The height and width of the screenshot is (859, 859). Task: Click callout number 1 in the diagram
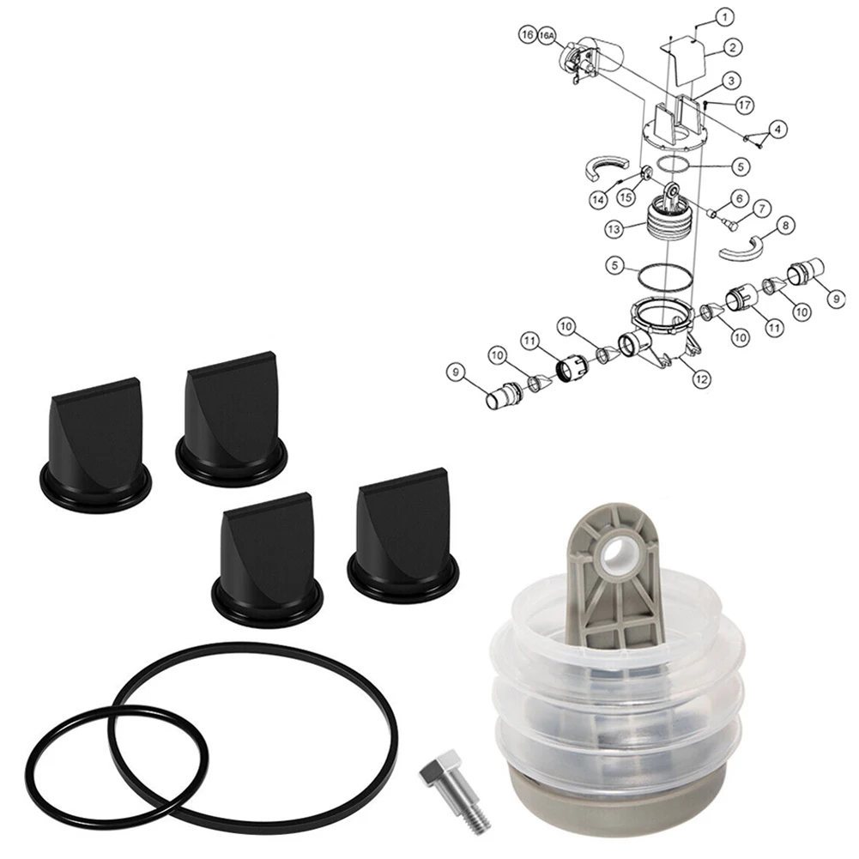[x=725, y=17]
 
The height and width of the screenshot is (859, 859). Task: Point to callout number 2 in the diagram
[x=732, y=48]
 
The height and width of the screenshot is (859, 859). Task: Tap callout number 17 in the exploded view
[x=743, y=104]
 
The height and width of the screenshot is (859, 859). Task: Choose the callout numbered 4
[x=777, y=130]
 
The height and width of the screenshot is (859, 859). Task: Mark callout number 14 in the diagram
[x=597, y=198]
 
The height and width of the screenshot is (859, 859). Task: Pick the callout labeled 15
[x=627, y=197]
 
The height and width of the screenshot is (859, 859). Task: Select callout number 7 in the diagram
[x=759, y=209]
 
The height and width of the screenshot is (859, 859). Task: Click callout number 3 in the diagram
[x=730, y=81]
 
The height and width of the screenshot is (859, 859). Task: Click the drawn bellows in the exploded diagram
[x=672, y=222]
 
